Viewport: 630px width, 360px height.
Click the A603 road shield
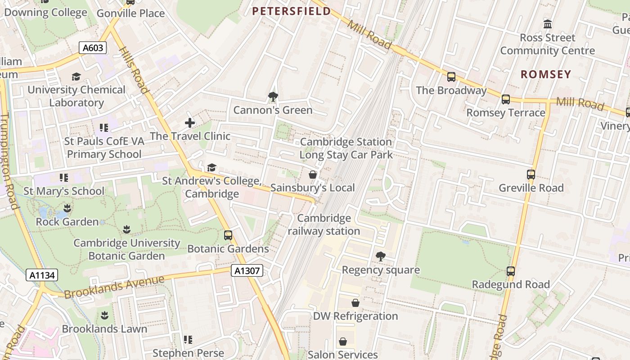coord(93,48)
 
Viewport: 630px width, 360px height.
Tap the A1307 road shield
coord(247,270)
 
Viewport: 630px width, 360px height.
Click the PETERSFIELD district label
coord(291,11)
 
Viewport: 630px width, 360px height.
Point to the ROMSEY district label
coord(546,74)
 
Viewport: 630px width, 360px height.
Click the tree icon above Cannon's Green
coord(272,96)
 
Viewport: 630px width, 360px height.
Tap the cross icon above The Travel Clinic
coord(190,122)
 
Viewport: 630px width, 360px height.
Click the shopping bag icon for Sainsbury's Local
coord(313,175)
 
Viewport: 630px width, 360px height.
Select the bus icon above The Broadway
coord(451,77)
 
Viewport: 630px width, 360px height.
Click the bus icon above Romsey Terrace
coord(506,99)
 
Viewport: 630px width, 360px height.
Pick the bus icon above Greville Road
coord(531,175)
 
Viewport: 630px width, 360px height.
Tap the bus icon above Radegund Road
coord(510,271)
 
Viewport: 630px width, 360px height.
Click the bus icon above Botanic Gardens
coord(228,235)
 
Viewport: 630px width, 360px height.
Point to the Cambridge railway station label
coord(324,225)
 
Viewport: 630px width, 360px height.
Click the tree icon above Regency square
coord(380,256)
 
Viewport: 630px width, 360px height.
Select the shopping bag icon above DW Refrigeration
coord(355,303)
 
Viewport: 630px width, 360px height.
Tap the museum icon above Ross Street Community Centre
coord(548,24)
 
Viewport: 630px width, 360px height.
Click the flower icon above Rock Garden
coord(67,208)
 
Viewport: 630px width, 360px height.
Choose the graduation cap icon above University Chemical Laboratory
coord(76,76)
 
